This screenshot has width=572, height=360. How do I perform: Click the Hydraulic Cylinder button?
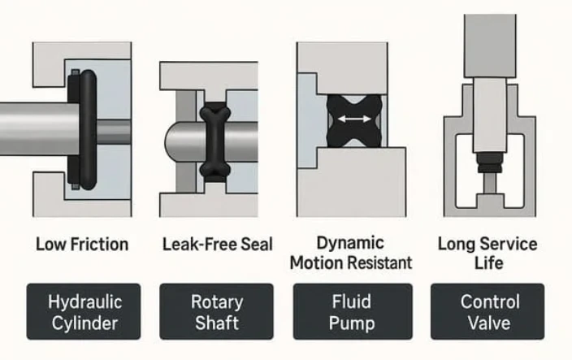point(84,311)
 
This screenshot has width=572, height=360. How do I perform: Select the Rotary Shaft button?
point(216,311)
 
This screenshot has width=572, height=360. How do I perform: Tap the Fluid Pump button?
point(353,311)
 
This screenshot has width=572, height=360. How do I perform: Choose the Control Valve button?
point(487,311)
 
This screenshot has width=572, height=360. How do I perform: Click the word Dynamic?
point(350,244)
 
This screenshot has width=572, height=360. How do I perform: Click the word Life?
point(489,262)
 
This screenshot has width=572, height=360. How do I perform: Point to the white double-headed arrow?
point(354,119)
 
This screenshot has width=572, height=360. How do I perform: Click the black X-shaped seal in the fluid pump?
point(354,121)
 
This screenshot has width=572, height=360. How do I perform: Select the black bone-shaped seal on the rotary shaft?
point(215,142)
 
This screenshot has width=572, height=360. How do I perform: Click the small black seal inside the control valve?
point(490,163)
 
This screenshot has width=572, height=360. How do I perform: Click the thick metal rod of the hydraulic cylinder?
point(39,129)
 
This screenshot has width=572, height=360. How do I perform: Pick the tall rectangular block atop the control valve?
point(490,46)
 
